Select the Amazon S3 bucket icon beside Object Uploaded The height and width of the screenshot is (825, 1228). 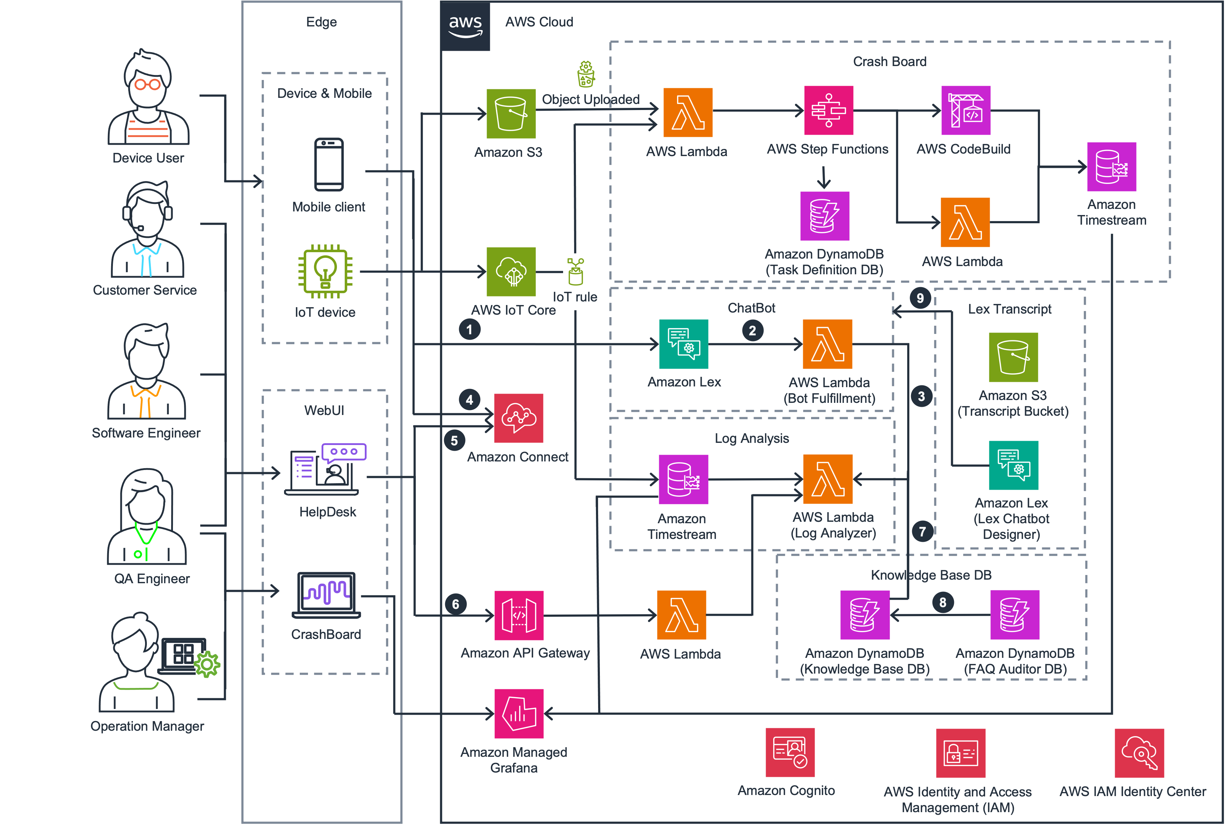[511, 114]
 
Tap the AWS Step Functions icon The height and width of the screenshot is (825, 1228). [829, 110]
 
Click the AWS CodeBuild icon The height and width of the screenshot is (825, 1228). [965, 110]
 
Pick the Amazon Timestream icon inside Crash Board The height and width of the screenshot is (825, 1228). [1112, 167]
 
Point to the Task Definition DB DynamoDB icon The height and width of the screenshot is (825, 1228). [824, 216]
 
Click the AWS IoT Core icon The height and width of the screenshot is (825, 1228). [511, 272]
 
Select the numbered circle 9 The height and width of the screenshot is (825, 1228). [920, 298]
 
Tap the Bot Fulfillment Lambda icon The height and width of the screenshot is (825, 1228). [827, 344]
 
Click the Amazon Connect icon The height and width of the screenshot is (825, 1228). [518, 418]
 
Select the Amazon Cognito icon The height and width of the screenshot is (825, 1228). [790, 752]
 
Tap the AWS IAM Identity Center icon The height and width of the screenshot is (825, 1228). [1139, 753]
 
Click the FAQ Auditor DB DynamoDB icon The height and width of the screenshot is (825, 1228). [1014, 615]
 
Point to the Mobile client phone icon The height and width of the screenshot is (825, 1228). [329, 165]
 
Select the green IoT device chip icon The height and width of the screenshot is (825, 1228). [325, 271]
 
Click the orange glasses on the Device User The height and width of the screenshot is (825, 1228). [147, 84]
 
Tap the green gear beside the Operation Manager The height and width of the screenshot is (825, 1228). [207, 665]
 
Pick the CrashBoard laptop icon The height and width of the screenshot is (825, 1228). [326, 595]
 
